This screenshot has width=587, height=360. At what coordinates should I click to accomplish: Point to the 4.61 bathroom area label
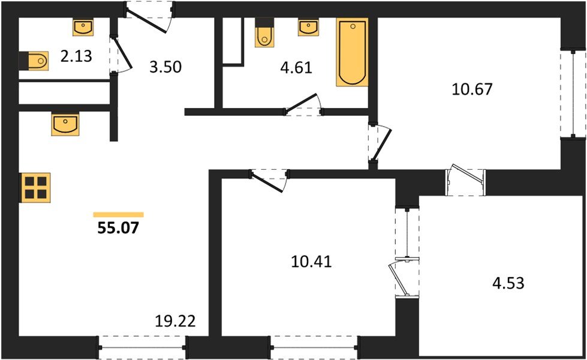point(296,67)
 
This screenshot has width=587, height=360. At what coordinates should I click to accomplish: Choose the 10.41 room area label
point(310,262)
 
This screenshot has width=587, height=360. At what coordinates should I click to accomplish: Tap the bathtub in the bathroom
point(352,53)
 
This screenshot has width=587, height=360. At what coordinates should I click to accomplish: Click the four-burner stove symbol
point(35,187)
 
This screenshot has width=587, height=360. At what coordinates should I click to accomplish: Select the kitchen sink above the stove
point(65,124)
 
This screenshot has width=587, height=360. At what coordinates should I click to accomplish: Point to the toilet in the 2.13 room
point(35,61)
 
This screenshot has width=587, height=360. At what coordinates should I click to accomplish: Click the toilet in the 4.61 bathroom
point(264,36)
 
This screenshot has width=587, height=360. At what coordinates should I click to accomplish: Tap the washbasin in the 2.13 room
point(83,26)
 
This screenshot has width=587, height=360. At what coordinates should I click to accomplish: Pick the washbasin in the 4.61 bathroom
point(308,26)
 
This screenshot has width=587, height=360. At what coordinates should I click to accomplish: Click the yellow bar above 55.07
point(118,214)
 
